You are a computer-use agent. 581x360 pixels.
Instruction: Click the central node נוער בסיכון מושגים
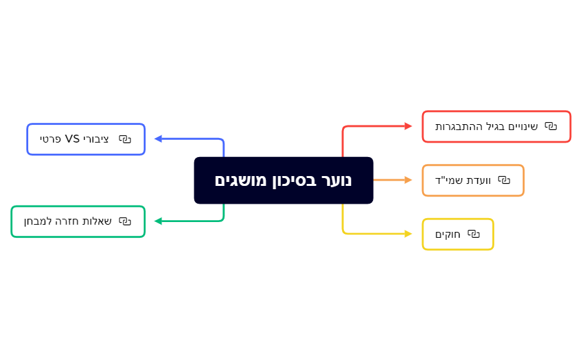(x=284, y=180)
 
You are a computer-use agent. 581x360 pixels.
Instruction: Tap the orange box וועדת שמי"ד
(x=473, y=180)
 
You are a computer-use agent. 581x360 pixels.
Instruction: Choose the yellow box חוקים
(x=458, y=234)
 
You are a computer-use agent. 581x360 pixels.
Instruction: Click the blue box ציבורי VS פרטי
(x=86, y=139)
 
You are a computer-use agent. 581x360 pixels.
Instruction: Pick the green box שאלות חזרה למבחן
(x=78, y=221)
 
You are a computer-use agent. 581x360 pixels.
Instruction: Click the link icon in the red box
(x=550, y=126)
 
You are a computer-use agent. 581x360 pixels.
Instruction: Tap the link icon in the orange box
(x=504, y=180)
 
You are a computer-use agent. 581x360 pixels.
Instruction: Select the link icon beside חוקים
(x=473, y=234)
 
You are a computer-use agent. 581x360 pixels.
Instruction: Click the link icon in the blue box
(x=125, y=139)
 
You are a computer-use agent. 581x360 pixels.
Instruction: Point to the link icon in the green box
(x=125, y=221)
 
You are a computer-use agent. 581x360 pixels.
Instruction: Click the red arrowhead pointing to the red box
(x=408, y=125)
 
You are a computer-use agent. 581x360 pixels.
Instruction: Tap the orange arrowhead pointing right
(x=408, y=180)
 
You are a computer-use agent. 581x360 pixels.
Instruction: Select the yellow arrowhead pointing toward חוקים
(x=408, y=233)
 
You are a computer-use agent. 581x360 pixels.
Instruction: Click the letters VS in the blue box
(x=72, y=139)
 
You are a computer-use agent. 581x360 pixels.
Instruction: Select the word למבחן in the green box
(x=38, y=221)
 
